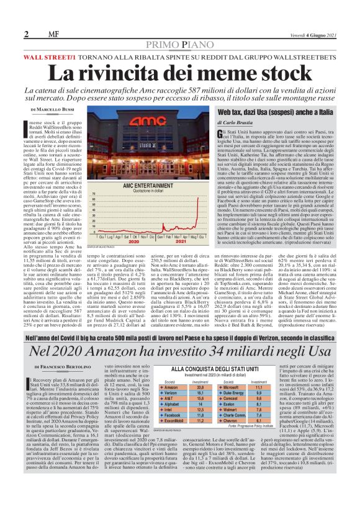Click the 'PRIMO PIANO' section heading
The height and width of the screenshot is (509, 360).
click(180, 45)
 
